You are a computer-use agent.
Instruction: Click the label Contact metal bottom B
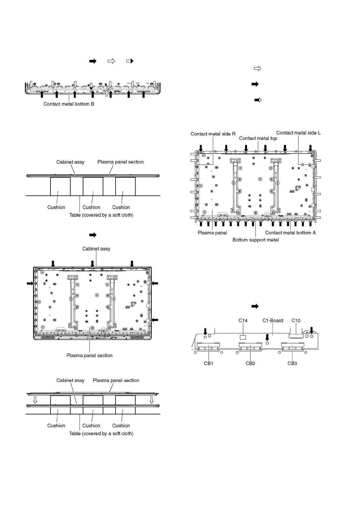point(69,104)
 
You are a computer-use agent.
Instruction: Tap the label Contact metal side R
point(213,134)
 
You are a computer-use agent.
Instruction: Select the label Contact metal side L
point(298,133)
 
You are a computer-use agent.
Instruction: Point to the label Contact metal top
point(258,138)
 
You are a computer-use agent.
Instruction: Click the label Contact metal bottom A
point(290,233)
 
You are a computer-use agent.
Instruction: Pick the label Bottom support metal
point(255,240)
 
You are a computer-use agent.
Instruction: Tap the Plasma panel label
point(212,233)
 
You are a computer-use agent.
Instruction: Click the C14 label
point(243,320)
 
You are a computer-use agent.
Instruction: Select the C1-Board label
point(273,320)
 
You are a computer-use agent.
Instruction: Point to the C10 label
point(296,320)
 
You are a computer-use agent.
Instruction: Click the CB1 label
point(208,363)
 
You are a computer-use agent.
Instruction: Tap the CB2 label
point(250,363)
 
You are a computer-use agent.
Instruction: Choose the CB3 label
point(292,363)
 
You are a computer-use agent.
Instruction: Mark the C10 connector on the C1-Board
point(296,336)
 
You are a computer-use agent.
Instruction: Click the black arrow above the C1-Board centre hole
point(267,336)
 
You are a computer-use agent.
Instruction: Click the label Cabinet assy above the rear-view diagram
point(96,249)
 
